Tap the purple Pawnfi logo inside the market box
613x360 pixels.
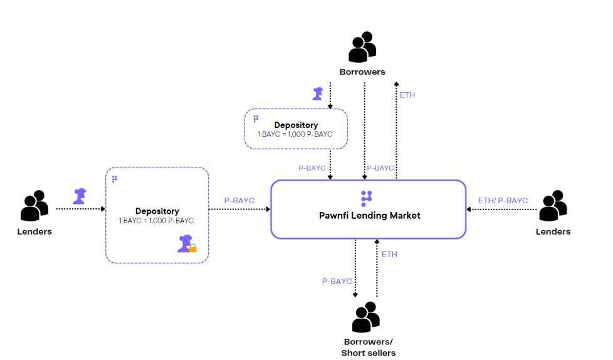coord(367,198)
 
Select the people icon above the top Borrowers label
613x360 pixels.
coord(362,48)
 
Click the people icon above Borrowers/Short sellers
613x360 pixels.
coord(366,317)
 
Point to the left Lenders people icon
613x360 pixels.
coord(34,206)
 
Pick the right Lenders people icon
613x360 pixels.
coord(553,206)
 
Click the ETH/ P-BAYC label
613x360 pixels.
coord(503,201)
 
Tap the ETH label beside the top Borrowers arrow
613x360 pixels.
coord(407,95)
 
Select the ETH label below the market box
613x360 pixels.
coord(389,255)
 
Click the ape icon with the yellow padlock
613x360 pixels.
coord(186,243)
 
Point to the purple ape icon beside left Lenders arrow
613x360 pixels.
coord(79,196)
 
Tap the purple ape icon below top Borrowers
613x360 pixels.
coord(318,94)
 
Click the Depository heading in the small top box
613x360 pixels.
coord(296,125)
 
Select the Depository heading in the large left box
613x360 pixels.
coord(157,211)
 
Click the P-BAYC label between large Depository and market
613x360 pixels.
coord(239,201)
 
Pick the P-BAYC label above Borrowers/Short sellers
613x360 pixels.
coord(337,282)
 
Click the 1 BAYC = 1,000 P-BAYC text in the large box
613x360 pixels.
coord(157,221)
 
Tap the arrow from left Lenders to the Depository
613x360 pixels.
coord(81,209)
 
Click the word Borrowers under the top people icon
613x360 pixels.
coord(362,72)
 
